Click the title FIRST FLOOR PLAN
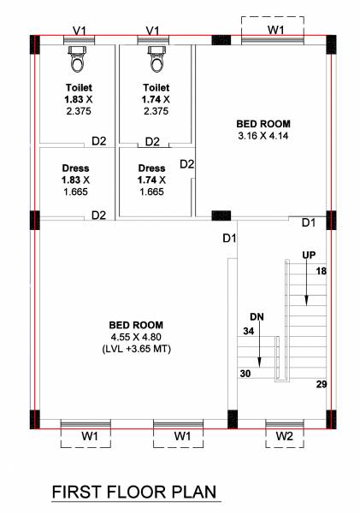point(135,492)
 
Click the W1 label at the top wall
point(275,30)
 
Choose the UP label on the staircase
point(310,255)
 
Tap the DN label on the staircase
point(257,315)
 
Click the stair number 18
point(322,271)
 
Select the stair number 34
point(250,330)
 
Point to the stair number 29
point(322,385)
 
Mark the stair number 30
point(245,373)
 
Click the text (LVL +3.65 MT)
point(137,348)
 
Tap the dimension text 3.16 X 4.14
point(264,135)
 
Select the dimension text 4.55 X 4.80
point(136,337)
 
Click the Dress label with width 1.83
point(75,168)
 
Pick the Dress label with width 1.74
point(151,168)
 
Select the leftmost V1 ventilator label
point(80,30)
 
